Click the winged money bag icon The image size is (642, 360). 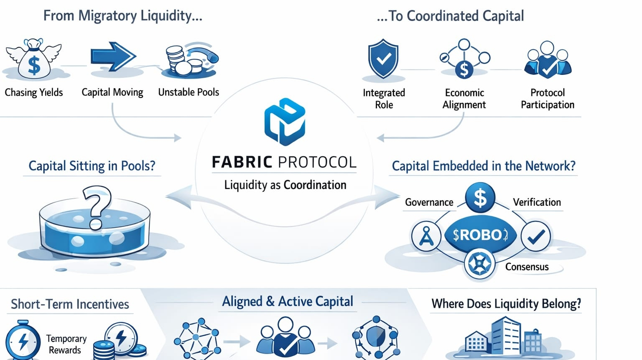[x=33, y=60]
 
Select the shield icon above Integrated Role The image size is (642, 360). [x=383, y=59]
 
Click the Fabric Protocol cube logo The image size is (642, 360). [x=285, y=122]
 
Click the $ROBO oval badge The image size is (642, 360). [x=480, y=235]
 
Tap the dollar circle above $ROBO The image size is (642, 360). [x=480, y=197]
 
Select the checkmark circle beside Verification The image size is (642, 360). [x=536, y=237]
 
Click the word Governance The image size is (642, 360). [x=429, y=202]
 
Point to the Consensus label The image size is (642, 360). [x=527, y=267]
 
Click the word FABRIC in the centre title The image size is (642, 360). [x=242, y=162]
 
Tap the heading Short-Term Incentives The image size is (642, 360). [x=70, y=304]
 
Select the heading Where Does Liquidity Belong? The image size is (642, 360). [x=506, y=304]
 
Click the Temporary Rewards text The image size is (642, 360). [x=66, y=344]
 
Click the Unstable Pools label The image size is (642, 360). [x=189, y=92]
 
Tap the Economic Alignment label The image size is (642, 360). [x=464, y=99]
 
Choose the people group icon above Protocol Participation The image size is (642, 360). [x=548, y=61]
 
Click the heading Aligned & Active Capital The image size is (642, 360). [x=288, y=301]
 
